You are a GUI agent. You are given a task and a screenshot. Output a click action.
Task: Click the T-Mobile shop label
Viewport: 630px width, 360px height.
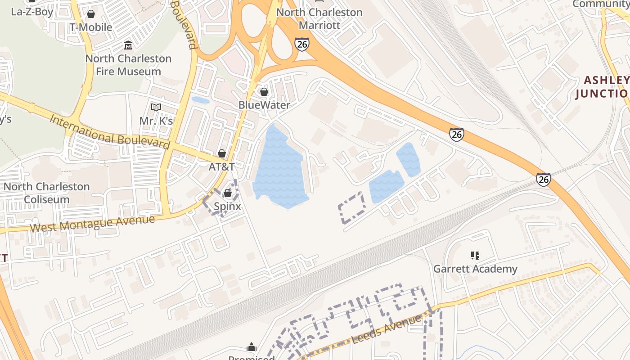90,27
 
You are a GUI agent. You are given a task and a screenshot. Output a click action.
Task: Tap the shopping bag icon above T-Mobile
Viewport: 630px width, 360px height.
91,14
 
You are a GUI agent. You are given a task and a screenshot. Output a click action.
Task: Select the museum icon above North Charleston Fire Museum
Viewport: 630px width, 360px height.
128,45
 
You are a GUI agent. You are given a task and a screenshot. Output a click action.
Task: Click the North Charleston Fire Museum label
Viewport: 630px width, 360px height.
128,65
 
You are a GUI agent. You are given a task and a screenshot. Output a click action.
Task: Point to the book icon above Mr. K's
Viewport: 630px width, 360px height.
156,108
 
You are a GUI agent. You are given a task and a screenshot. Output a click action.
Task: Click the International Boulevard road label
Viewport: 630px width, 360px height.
110,132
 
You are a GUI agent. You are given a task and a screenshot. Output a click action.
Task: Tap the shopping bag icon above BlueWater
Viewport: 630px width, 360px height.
264,92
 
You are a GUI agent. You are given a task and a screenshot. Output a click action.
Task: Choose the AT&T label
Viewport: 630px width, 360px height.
221,166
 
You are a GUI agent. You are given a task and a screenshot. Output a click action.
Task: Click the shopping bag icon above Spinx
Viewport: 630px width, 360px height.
228,193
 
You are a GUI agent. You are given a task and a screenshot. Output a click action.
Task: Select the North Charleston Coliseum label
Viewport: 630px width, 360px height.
47,193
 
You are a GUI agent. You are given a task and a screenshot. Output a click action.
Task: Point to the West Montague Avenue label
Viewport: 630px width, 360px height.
92,224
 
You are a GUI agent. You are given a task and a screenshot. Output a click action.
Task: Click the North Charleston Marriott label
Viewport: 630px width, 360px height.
319,18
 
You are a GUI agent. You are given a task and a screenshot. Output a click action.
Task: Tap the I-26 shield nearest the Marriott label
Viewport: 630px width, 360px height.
302,44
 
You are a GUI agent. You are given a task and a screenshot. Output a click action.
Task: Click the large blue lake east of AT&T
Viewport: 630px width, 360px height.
279,169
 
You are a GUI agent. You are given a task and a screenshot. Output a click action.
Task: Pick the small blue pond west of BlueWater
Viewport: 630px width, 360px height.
200,100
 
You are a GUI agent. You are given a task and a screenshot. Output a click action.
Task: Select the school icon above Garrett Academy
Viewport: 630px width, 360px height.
475,256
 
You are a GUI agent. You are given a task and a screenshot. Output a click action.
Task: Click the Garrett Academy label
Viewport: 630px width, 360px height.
475,269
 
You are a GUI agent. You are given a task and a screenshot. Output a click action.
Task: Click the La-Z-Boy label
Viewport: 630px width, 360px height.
32,12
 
